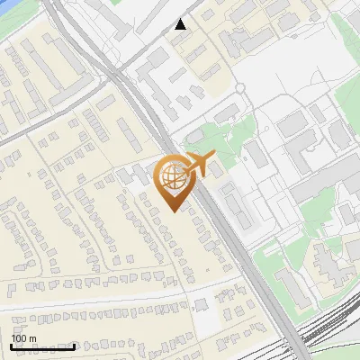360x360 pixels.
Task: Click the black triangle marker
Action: coord(181,24)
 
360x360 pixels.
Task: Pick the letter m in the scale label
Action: coord(33,338)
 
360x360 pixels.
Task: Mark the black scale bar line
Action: coord(41,346)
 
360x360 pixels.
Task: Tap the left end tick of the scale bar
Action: coord(10,345)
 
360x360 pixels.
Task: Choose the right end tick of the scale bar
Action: coord(74,345)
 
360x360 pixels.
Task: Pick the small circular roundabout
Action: coord(240,88)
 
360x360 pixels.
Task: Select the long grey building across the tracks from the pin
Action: coord(231,203)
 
